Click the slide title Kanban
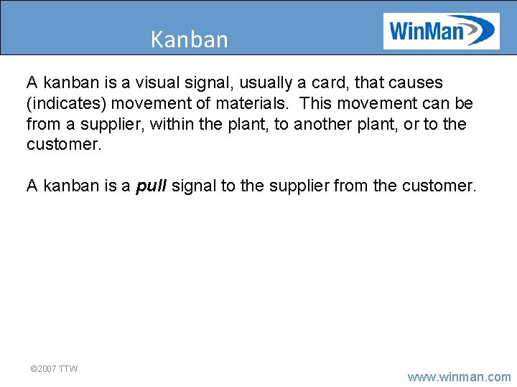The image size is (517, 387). (x=189, y=39)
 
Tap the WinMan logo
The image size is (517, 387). (x=441, y=31)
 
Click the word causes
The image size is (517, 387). (x=414, y=82)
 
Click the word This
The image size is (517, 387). (x=315, y=103)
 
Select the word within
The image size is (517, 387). (x=177, y=124)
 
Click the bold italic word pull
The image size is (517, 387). (x=152, y=186)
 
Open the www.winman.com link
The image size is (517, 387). (x=459, y=377)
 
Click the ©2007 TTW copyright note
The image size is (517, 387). (x=54, y=368)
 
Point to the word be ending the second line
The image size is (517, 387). (x=463, y=103)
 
